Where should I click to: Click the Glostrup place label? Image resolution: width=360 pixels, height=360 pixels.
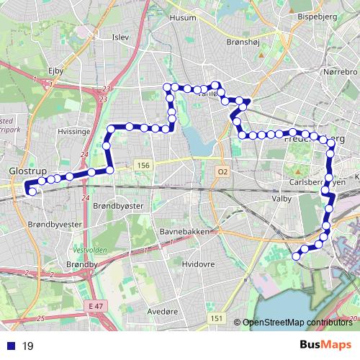pos(27,172)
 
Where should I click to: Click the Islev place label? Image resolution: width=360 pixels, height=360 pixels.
pos(120,36)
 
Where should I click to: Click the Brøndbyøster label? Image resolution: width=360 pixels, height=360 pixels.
pos(119,205)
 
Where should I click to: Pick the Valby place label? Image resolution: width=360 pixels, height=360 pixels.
pos(280,197)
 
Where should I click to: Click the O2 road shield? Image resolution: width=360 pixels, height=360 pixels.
pos(222,171)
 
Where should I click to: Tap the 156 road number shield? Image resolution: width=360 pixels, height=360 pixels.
pos(143,166)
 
